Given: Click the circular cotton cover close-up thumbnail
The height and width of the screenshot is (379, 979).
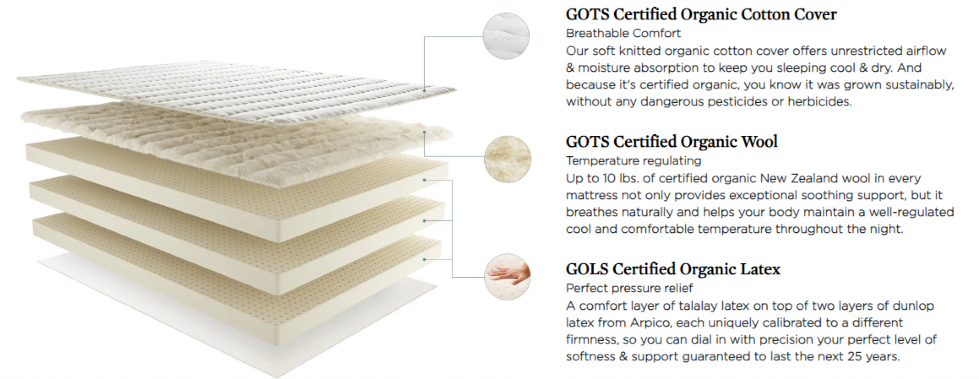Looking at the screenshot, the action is point(506,36).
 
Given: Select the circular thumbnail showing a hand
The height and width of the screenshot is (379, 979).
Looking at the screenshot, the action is point(507,277).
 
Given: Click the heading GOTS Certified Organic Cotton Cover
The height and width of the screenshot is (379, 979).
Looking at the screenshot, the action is point(701,14).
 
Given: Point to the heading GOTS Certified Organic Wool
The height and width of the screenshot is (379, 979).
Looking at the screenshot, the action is point(672,142).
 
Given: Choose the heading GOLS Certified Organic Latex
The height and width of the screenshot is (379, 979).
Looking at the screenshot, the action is point(673,270).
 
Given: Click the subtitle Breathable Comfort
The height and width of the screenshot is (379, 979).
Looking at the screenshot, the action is point(623,33).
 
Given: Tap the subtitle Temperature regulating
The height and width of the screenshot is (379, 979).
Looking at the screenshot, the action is point(633,161).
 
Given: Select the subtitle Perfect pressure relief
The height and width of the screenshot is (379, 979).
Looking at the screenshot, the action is point(629,288).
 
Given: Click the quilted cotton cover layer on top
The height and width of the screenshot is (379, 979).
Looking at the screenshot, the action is point(237,91).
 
